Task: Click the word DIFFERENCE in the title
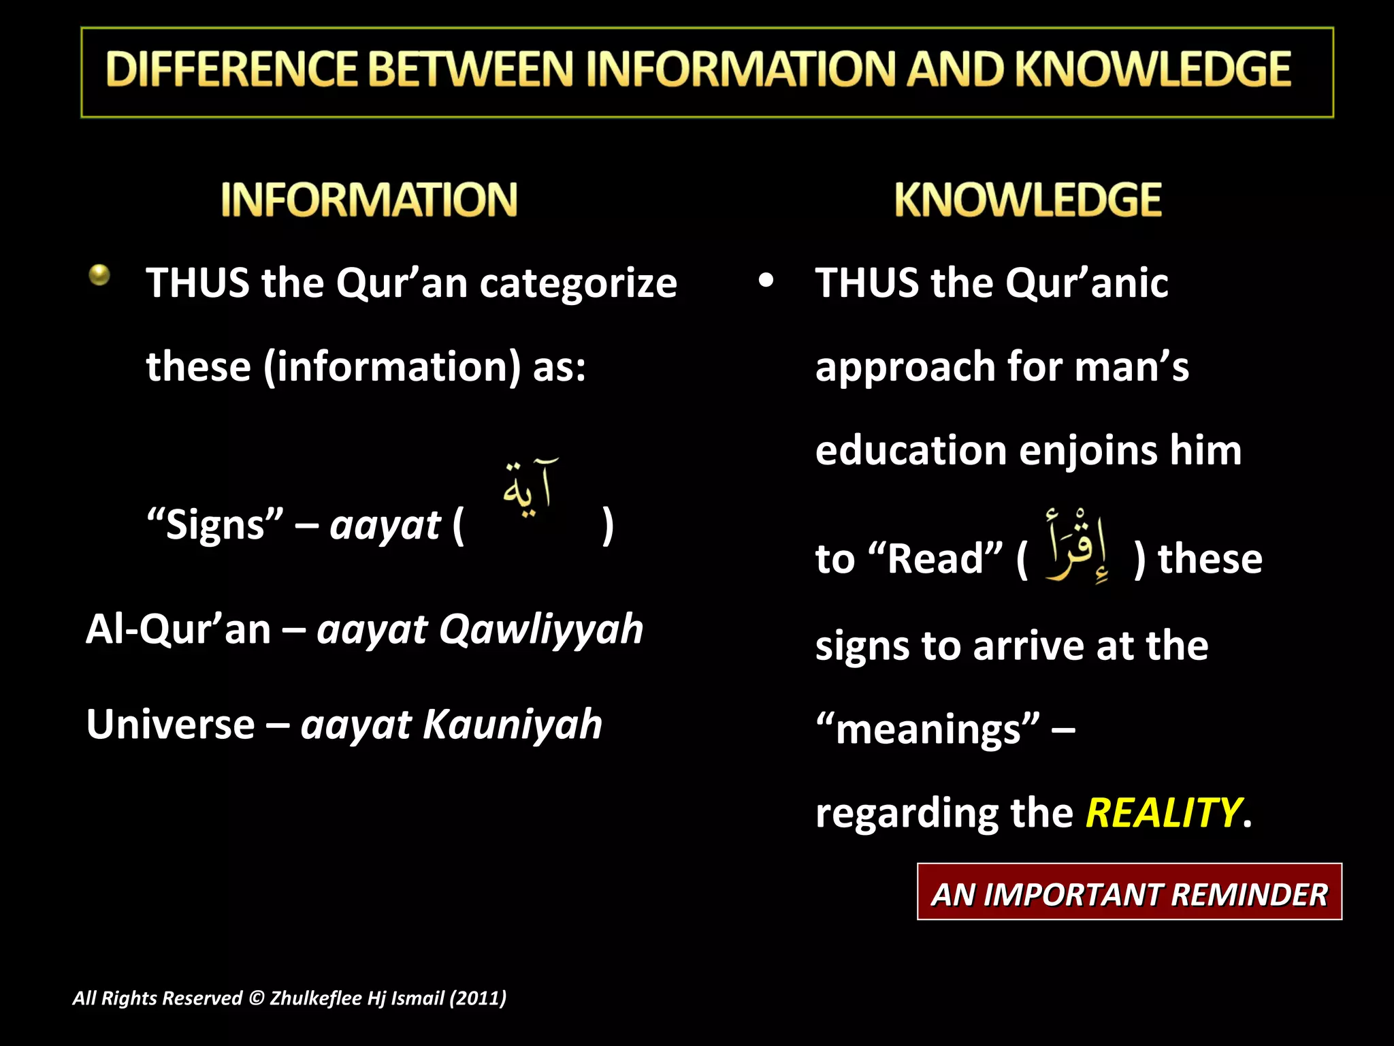(x=231, y=69)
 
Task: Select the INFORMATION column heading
(x=369, y=200)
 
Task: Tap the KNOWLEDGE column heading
(x=1028, y=200)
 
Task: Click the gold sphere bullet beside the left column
(x=99, y=275)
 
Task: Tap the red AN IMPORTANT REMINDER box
(x=1129, y=892)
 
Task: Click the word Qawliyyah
(x=541, y=629)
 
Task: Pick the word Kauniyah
(x=513, y=724)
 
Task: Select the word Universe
(x=170, y=724)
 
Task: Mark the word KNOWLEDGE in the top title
(x=1153, y=69)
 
